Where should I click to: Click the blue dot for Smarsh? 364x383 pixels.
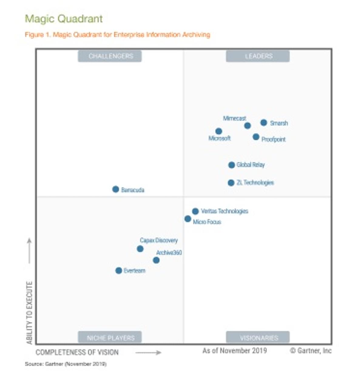[264, 123]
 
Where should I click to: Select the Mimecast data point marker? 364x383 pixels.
[248, 126]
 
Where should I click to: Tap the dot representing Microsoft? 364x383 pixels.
[219, 131]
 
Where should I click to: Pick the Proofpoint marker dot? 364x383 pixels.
[256, 137]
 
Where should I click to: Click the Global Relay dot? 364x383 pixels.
[231, 165]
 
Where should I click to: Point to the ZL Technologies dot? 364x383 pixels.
[231, 183]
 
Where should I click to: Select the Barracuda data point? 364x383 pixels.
[116, 189]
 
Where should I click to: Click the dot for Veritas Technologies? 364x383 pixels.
[195, 211]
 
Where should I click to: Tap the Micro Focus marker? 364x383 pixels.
[188, 219]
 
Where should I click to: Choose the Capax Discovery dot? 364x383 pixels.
[140, 249]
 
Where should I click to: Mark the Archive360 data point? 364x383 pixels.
[156, 260]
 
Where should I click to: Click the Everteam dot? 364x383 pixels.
[119, 270]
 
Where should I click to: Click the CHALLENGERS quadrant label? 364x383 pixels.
[110, 56]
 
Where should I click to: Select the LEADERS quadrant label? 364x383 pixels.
[258, 56]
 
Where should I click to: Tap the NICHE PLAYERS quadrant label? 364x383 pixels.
[110, 338]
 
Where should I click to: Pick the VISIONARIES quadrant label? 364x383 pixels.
[258, 338]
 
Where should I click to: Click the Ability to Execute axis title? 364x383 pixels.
[29, 312]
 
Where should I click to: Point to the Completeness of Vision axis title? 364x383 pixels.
[77, 352]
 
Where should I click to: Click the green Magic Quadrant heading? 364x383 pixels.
[64, 19]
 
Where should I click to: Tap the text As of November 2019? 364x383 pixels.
[234, 351]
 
